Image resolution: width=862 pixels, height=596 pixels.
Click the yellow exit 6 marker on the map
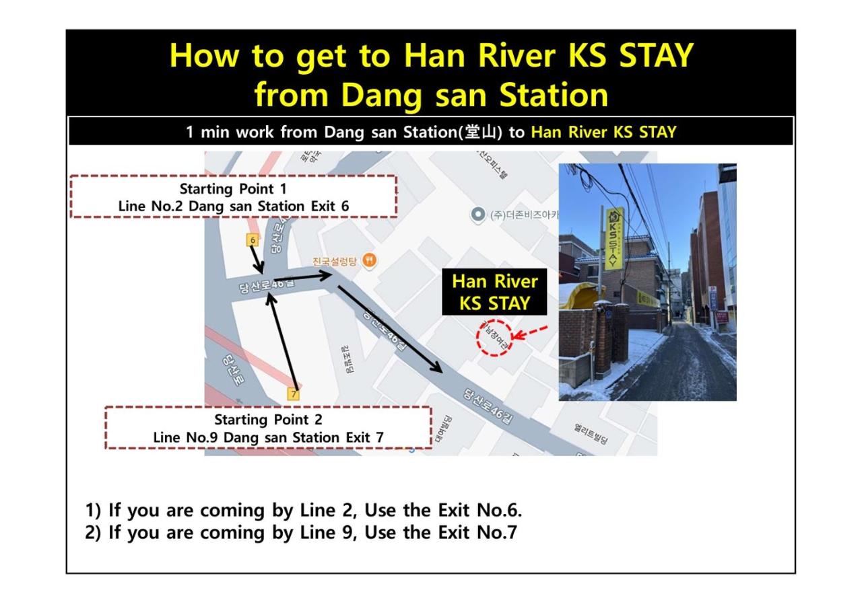[253, 240]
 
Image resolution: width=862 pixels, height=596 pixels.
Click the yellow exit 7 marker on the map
[293, 394]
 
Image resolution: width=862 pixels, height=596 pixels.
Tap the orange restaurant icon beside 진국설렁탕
[369, 260]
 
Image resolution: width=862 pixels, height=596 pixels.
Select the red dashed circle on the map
[495, 338]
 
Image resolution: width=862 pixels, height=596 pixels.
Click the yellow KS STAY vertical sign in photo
[614, 239]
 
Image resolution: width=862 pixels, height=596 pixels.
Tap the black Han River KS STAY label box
[494, 292]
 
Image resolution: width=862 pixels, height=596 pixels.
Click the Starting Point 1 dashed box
[233, 196]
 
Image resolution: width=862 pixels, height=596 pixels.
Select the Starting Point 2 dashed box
[268, 428]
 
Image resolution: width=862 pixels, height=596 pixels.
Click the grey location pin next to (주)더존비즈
[478, 215]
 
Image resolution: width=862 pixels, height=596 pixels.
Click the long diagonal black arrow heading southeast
[389, 329]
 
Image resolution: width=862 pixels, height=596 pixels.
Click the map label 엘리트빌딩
[591, 433]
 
